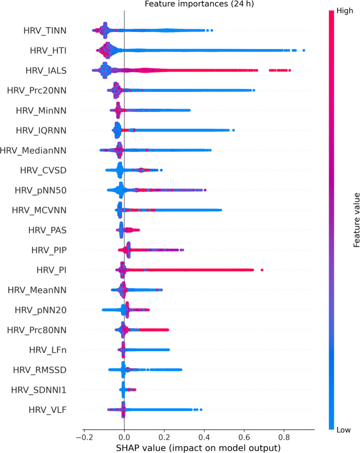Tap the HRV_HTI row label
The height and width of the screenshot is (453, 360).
(x=49, y=51)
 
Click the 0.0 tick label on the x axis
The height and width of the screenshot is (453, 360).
(x=124, y=433)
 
